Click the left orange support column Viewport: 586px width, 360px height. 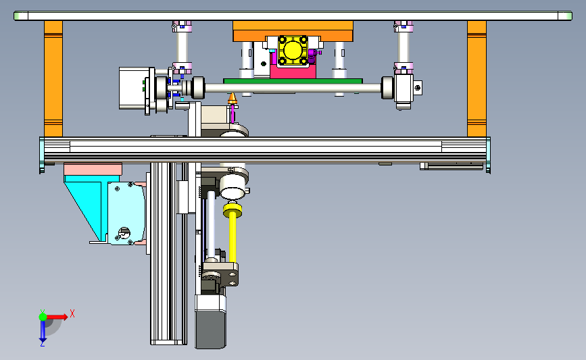tap(53, 78)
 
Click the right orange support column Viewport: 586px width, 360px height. tap(477, 78)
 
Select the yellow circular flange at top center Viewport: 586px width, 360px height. tap(293, 51)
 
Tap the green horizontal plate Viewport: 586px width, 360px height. tap(293, 81)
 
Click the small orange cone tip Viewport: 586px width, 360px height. tap(233, 99)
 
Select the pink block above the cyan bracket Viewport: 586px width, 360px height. tap(93, 169)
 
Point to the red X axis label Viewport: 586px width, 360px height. tap(72, 313)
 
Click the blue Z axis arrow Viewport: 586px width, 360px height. tap(43, 330)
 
